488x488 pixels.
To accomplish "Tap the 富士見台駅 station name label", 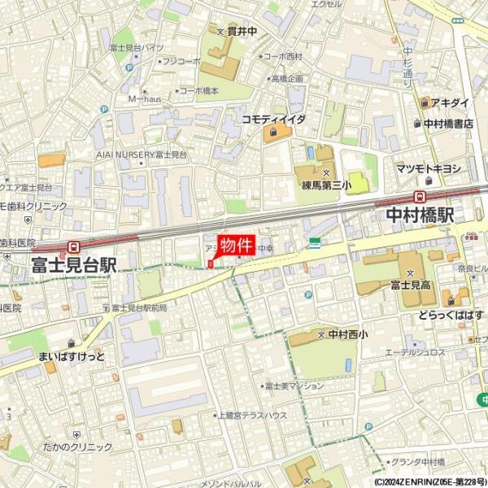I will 74,264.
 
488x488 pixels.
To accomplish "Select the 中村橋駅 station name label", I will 419,216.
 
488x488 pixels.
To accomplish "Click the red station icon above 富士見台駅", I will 74,246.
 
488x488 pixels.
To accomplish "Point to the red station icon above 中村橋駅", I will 420,196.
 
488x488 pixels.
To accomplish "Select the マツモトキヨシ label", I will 429,168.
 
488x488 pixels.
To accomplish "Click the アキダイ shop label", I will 450,103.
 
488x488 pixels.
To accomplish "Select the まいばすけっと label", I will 72,356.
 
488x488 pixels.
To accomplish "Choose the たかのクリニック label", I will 79,447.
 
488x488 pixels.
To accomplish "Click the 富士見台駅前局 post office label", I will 138,307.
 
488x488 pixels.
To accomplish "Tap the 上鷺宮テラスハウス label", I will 252,415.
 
